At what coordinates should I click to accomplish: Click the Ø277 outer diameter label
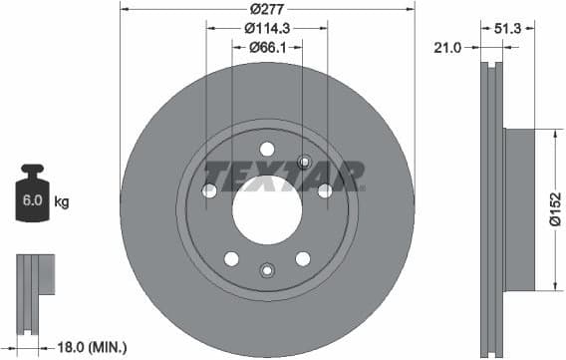click(x=266, y=8)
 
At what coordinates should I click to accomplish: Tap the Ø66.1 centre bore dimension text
click(x=267, y=47)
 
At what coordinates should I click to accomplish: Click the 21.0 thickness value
click(x=446, y=47)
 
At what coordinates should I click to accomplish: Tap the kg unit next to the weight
click(x=61, y=202)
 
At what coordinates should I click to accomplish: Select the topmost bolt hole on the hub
click(x=266, y=149)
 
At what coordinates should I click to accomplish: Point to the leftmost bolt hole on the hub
click(x=209, y=190)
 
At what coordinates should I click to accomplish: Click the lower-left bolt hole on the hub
click(x=231, y=258)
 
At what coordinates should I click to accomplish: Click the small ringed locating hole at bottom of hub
click(x=266, y=269)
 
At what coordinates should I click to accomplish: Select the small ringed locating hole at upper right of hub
click(x=305, y=164)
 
